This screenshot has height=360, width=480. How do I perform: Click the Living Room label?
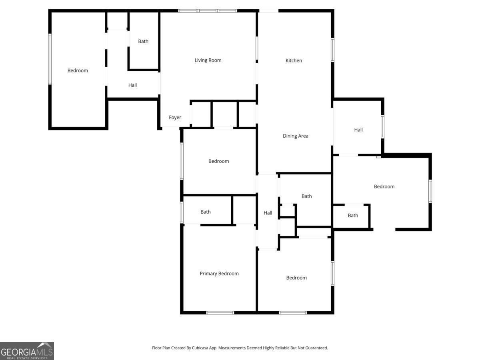(x=208, y=60)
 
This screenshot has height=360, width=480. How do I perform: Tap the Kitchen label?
(x=294, y=61)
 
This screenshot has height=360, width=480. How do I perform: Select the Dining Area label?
(x=296, y=136)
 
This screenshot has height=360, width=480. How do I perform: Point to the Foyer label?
(x=175, y=118)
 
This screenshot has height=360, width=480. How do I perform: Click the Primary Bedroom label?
(x=219, y=274)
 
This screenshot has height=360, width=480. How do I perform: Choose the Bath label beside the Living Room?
(x=143, y=41)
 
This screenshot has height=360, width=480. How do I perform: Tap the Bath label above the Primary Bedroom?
(x=206, y=212)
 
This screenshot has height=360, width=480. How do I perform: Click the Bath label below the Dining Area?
(x=307, y=196)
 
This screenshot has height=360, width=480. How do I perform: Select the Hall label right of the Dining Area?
(x=358, y=130)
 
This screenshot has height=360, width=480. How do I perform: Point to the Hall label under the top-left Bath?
(x=132, y=85)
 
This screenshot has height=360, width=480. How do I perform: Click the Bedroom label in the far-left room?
(x=78, y=71)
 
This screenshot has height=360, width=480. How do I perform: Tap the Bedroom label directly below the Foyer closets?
(x=219, y=161)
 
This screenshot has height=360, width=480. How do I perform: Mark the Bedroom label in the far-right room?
(x=384, y=186)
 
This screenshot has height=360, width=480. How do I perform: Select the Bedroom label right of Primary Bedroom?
(x=296, y=278)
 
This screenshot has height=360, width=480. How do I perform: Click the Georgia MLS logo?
(x=27, y=351)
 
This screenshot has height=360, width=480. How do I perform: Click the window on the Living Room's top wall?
(x=208, y=11)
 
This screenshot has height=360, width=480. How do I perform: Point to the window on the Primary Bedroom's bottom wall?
(x=220, y=312)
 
